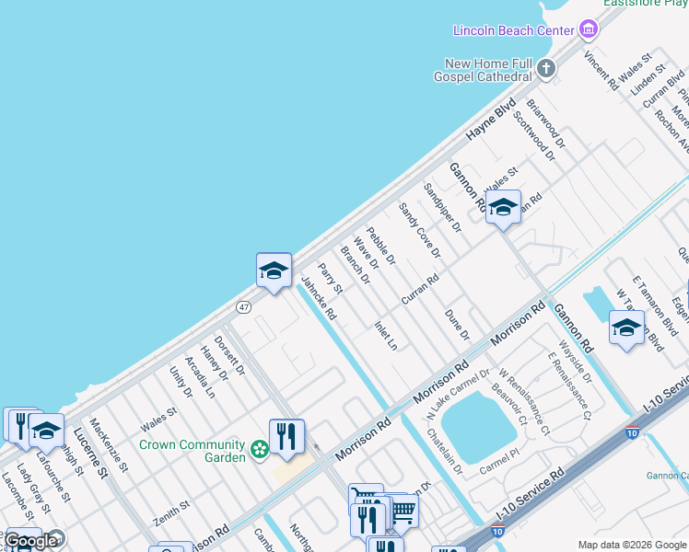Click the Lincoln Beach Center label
513,30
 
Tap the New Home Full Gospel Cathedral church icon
546,68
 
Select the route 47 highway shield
243,306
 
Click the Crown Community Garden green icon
260,449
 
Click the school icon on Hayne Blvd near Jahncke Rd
274,270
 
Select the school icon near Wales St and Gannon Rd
503,208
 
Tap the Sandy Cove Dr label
419,230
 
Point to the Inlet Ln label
386,335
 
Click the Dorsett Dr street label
229,355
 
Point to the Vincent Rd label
601,70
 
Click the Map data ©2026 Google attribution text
632,545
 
